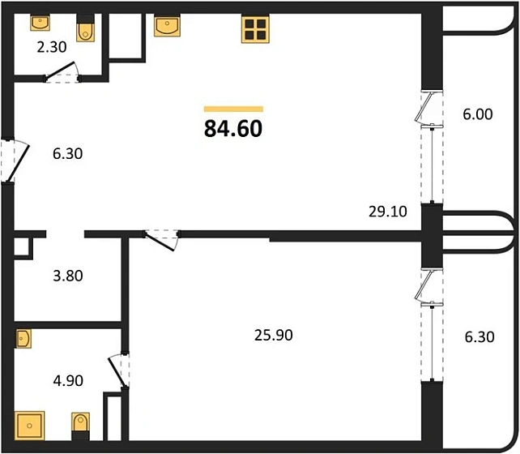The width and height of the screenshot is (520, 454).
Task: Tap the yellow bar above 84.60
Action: pyautogui.click(x=233, y=108)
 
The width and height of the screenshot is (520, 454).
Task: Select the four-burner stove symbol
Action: pyautogui.click(x=254, y=29)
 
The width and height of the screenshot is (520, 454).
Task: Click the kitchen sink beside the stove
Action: pyautogui.click(x=168, y=27)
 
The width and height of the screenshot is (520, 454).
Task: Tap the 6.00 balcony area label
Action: pyautogui.click(x=478, y=115)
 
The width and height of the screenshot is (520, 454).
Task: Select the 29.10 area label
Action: pyautogui.click(x=386, y=212)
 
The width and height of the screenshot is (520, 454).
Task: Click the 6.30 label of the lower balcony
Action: pyautogui.click(x=478, y=336)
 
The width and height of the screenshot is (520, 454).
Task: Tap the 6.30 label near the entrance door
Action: pyautogui.click(x=67, y=152)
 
